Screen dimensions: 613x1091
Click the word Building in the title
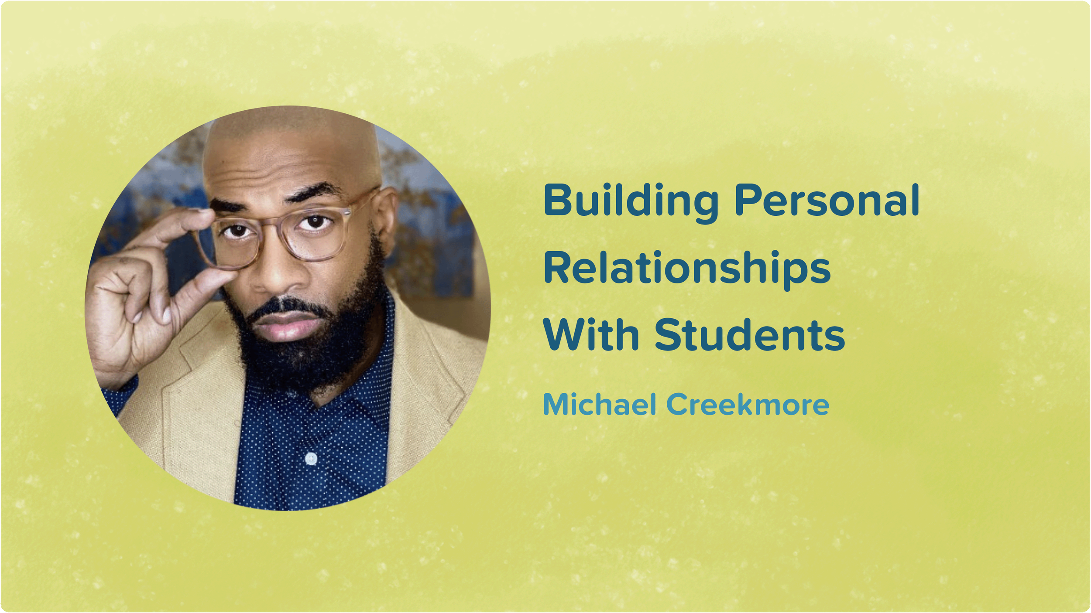pos(630,201)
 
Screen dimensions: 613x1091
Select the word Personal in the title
pos(827,201)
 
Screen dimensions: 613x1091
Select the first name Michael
pos(600,405)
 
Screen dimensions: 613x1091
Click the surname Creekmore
pos(746,405)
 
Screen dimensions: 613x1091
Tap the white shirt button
pos(311,458)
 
